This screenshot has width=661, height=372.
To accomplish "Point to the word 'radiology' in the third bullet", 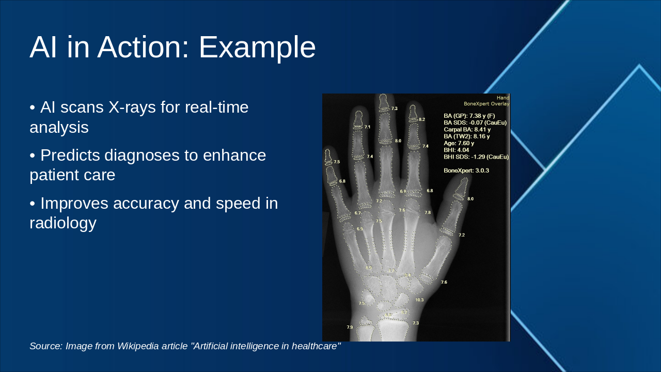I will pos(63,223).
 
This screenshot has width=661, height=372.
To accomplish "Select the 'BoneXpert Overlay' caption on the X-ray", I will pos(486,104).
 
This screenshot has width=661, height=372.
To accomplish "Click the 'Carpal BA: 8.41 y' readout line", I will pos(467,130).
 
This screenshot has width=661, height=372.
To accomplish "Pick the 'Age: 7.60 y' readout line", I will pos(459,143).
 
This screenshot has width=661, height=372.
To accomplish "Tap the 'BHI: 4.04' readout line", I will pos(457,150).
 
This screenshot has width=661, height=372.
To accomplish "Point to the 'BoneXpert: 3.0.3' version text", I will pos(466,170).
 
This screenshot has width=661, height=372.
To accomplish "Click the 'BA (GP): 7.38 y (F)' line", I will pos(469,116).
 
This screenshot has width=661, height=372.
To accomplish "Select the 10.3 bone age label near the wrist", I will pos(419,300).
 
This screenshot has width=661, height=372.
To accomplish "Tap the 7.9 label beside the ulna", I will pos(350,328).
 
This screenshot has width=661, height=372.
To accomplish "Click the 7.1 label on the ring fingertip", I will pos(367,127).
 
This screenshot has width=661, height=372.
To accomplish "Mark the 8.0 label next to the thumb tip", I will pos(470,199).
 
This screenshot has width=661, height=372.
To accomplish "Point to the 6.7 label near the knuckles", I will pos(357,213).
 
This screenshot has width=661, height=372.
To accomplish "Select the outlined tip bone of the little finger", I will pos(328,157).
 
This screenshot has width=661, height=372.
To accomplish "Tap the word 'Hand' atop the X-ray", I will pos(502,98).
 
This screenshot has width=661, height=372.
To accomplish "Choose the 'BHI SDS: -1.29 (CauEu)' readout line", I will pos(476,157).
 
